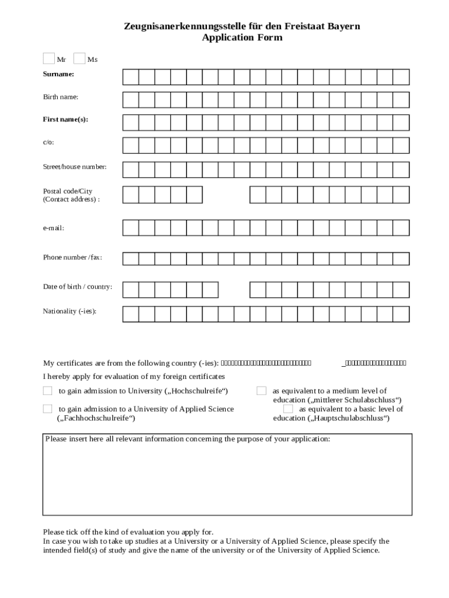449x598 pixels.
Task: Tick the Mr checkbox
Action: point(48,58)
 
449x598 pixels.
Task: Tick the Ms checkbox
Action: point(79,58)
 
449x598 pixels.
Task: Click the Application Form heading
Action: point(242,37)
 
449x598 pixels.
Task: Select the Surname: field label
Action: point(58,74)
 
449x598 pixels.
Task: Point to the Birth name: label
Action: point(60,97)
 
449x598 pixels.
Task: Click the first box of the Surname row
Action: point(131,77)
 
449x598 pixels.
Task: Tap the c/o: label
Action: point(48,142)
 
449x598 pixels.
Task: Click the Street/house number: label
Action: point(75,167)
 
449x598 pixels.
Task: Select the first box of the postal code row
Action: point(131,194)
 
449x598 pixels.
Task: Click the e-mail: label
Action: point(53,228)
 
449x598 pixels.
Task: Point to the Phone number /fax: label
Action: point(72,258)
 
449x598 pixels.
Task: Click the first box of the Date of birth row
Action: point(131,290)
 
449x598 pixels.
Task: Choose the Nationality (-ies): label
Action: point(69,311)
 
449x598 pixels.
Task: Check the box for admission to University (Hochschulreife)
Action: point(48,391)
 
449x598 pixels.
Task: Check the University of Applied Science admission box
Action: point(48,409)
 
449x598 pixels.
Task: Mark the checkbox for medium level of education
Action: point(262,391)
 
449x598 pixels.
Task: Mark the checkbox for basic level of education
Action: point(288,409)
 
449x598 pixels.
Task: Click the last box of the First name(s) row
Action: point(401,123)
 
